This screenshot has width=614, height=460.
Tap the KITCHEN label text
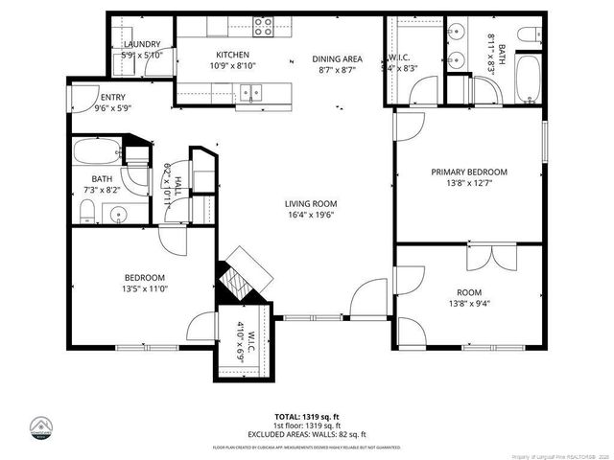point(232,55)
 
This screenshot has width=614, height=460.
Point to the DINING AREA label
point(335,59)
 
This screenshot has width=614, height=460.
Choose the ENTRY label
point(112,97)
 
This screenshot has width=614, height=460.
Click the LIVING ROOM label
point(310,203)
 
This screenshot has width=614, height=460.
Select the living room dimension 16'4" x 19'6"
point(310,216)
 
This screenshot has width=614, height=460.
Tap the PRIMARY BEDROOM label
point(468,172)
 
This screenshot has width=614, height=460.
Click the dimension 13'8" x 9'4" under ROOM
point(468,304)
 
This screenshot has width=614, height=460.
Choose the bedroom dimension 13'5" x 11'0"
point(145,288)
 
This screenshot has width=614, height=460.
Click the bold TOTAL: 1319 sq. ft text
point(306,417)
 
